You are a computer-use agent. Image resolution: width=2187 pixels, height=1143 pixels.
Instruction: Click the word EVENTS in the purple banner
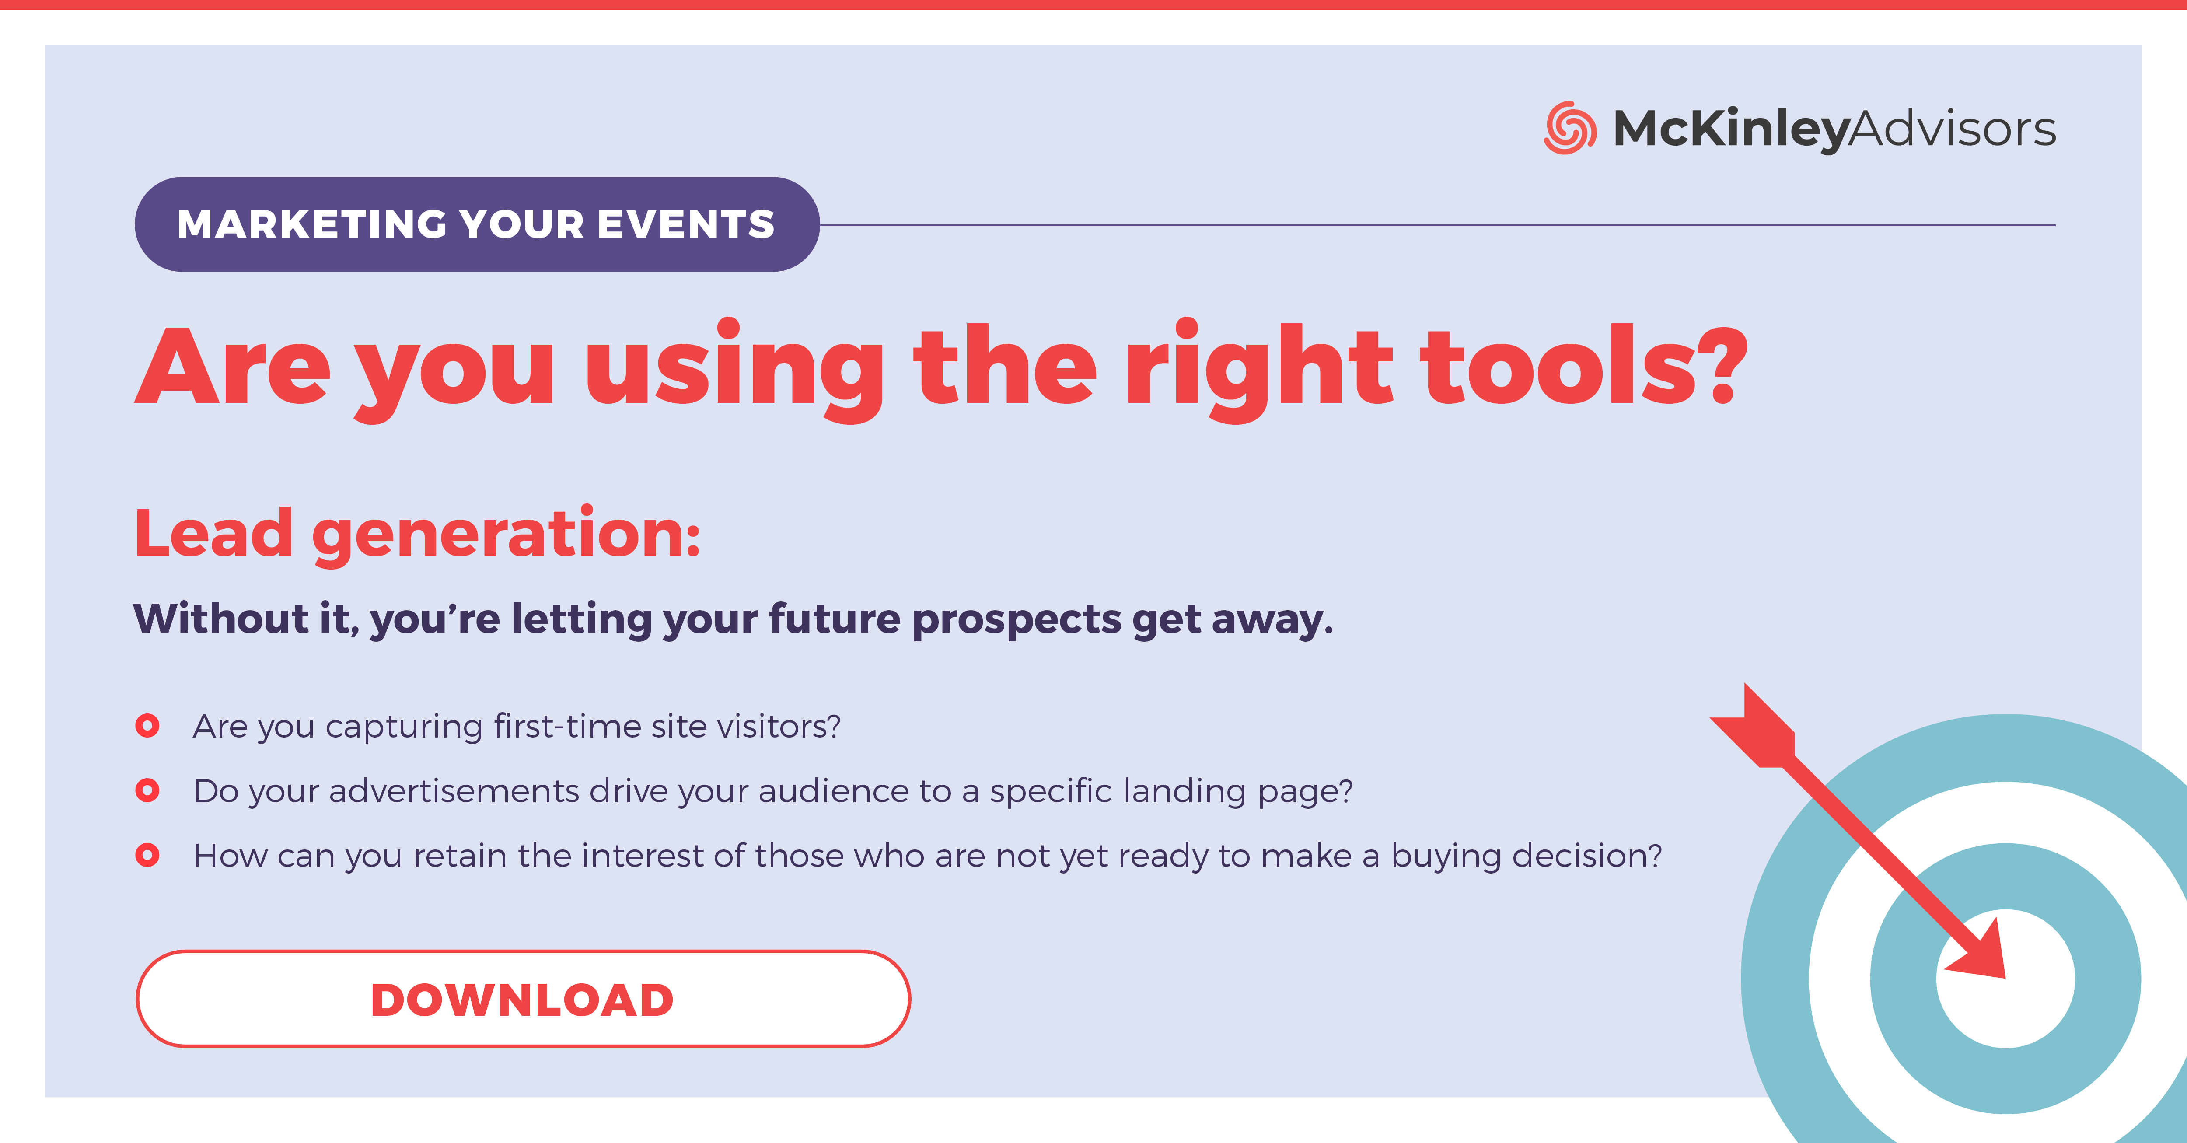(x=685, y=224)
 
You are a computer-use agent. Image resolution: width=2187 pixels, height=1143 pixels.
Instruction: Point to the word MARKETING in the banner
(x=311, y=224)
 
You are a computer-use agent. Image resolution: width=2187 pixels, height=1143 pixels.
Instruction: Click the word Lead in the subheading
(x=214, y=533)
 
